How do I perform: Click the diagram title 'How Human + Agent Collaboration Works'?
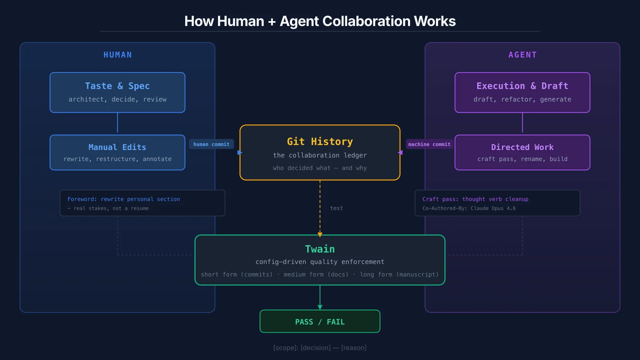pyautogui.click(x=320, y=21)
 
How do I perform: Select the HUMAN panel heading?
pyautogui.click(x=118, y=55)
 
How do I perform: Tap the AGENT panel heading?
pyautogui.click(x=522, y=55)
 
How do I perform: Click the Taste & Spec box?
pyautogui.click(x=117, y=92)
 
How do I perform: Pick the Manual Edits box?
pyautogui.click(x=117, y=152)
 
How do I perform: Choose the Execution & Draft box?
pyautogui.click(x=522, y=92)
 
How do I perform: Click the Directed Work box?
pyautogui.click(x=522, y=152)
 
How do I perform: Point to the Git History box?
pyautogui.click(x=320, y=152)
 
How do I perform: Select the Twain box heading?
pyautogui.click(x=320, y=249)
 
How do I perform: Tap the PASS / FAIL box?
pyautogui.click(x=320, y=322)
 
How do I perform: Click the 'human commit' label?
pyautogui.click(x=211, y=144)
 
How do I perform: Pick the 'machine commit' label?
pyautogui.click(x=429, y=144)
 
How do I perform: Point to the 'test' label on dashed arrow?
pyautogui.click(x=336, y=208)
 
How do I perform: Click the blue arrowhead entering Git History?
pyautogui.click(x=240, y=152)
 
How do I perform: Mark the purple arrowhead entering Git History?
pyautogui.click(x=400, y=152)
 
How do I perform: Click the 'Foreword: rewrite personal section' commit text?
pyautogui.click(x=124, y=199)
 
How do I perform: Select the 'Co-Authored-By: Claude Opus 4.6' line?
pyautogui.click(x=469, y=208)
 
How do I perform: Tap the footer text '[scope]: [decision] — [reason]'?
pyautogui.click(x=320, y=348)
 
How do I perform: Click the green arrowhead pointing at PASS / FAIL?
pyautogui.click(x=320, y=307)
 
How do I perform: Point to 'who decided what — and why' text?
pyautogui.click(x=320, y=168)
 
